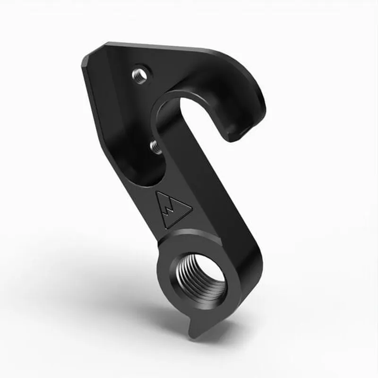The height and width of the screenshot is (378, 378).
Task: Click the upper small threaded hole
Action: pyautogui.click(x=140, y=75)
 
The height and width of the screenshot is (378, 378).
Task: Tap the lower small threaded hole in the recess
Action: pyautogui.click(x=155, y=146)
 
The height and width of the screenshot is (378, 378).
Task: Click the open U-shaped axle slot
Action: pyautogui.click(x=198, y=113)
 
